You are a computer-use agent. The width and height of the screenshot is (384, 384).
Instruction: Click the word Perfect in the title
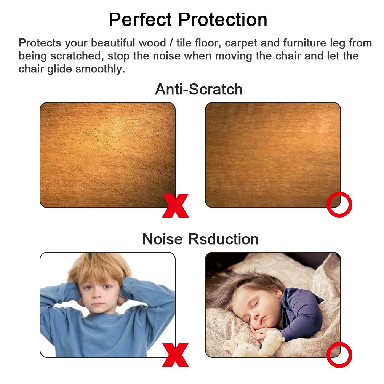coord(140,19)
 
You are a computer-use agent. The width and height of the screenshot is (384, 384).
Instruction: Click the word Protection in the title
coord(223,19)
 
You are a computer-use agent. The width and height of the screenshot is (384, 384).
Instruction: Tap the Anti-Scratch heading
coord(199,89)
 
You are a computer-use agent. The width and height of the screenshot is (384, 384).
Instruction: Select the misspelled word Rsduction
coord(223,239)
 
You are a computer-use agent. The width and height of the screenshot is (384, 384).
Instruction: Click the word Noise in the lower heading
coord(163,239)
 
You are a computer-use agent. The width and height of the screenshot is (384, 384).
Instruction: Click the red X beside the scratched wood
coord(175,205)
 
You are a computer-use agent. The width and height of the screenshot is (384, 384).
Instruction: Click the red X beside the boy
coord(175,355)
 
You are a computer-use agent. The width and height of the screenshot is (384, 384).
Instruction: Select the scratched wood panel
coord(107,155)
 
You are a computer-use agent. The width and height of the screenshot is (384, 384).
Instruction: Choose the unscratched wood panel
coord(273,155)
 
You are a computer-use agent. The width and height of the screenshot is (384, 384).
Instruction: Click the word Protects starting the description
coord(40,43)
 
